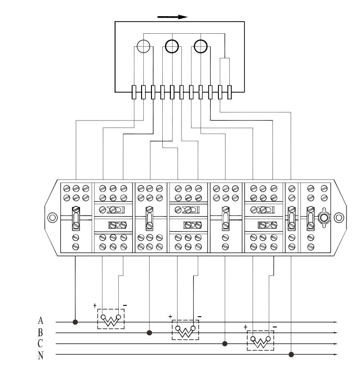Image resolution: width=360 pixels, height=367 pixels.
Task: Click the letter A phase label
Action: [40, 320]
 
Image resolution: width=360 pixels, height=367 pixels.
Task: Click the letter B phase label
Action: [40, 332]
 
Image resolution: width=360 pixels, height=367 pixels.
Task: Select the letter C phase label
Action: [40, 343]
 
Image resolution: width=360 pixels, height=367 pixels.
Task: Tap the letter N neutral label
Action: [40, 355]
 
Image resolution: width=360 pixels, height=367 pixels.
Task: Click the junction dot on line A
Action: [75, 322]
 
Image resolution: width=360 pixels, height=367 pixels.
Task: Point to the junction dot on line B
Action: [149, 333]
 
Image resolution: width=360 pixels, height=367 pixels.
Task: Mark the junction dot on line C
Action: [225, 344]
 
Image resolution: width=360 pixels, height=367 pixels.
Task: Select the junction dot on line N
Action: [291, 354]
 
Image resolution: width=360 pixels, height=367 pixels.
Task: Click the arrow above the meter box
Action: [173, 17]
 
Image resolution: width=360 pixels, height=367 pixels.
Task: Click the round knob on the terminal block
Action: [324, 218]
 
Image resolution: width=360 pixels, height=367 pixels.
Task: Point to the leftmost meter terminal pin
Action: [134, 92]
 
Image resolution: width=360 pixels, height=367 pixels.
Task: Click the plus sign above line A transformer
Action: [95, 305]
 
